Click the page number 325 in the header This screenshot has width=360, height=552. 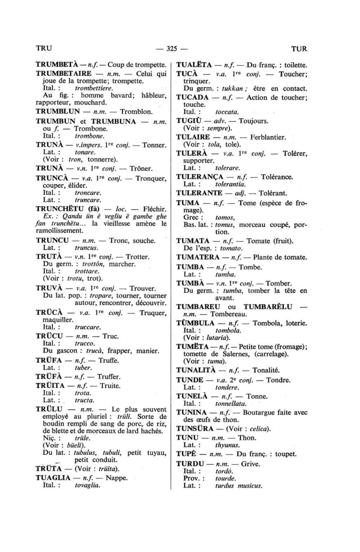173,49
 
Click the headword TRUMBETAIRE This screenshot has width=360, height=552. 64,74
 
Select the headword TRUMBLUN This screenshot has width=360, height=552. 58,112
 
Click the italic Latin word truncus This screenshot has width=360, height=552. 86,248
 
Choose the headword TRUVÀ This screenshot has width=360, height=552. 49,288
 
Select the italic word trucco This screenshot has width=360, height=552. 85,343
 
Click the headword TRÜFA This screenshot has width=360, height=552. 49,360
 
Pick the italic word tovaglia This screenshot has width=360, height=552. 88,485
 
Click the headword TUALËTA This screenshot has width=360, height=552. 194,65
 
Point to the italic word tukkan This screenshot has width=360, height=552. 226,89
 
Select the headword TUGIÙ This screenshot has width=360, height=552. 188,121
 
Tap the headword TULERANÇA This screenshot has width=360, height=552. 199,177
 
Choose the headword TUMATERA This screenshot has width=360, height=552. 198,257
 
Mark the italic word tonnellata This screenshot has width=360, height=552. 231,404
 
